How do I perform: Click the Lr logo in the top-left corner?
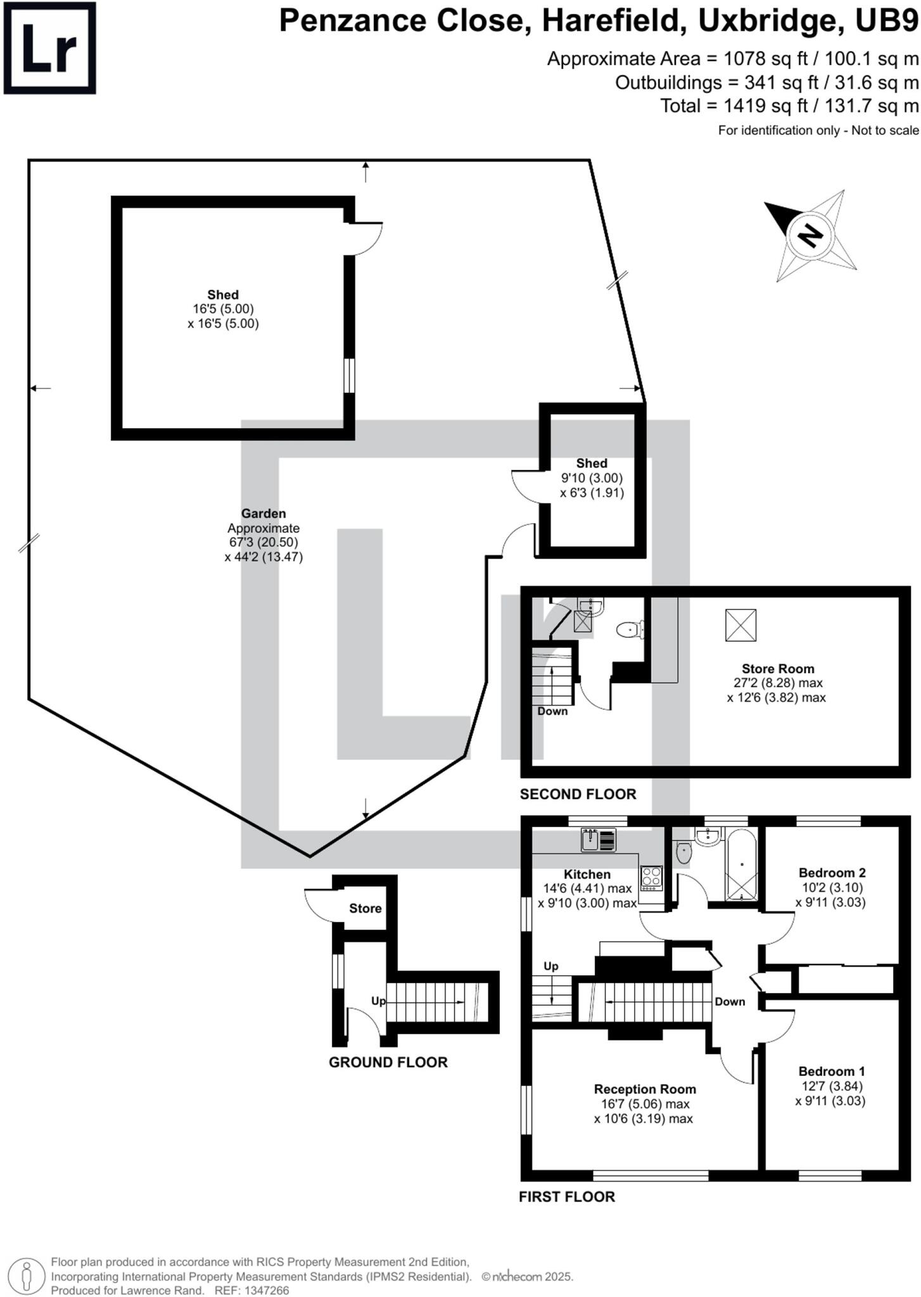tap(49, 48)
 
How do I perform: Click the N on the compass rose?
tap(809, 236)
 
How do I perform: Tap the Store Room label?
tap(778, 669)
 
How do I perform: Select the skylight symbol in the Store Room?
tap(740, 624)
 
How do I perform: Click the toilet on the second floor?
tap(628, 630)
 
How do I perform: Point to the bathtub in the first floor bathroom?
tap(741, 865)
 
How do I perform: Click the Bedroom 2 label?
tap(832, 873)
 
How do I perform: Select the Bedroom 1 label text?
tap(831, 1071)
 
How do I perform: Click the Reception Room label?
tap(644, 1089)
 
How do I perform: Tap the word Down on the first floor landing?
tap(730, 1001)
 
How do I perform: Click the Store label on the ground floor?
tap(365, 908)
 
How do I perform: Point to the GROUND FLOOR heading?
tap(388, 1062)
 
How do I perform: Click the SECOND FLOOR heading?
tap(578, 794)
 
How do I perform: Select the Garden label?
tap(264, 514)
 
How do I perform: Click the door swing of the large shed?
tap(369, 237)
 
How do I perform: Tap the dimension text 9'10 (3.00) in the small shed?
tap(592, 478)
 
